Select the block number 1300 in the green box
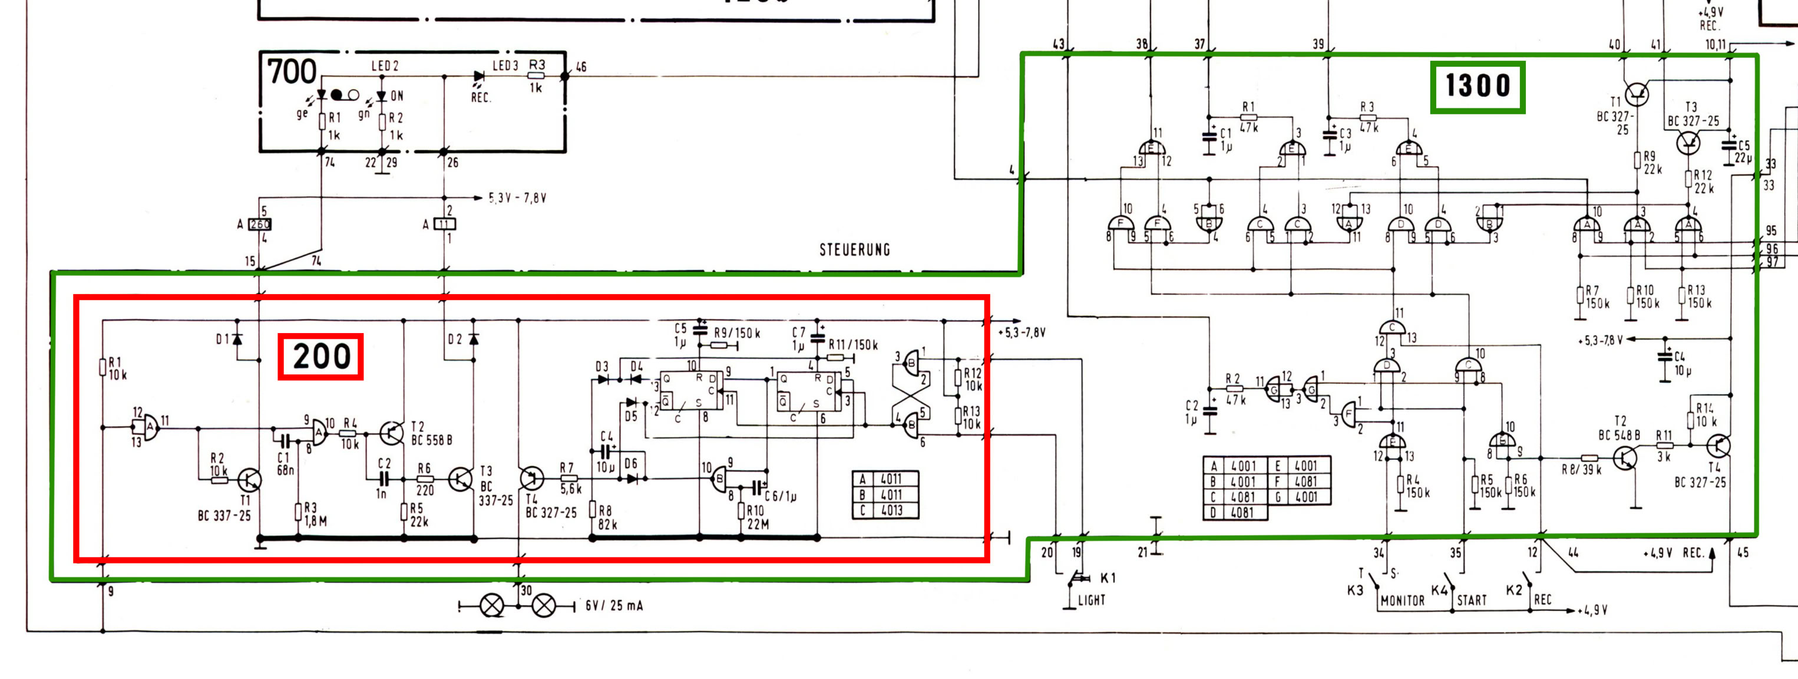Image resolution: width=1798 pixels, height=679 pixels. [x=1478, y=87]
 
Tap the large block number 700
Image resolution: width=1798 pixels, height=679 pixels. [x=292, y=71]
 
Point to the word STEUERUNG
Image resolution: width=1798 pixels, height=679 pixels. [x=854, y=250]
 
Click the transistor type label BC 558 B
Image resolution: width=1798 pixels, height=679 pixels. [x=431, y=440]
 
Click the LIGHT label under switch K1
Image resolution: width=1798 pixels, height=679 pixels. [x=1092, y=599]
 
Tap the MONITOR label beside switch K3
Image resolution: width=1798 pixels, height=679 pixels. [x=1402, y=600]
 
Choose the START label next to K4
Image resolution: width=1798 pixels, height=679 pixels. [x=1472, y=600]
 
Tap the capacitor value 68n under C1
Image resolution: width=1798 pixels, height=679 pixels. [x=286, y=470]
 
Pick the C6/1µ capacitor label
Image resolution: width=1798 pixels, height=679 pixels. [x=781, y=497]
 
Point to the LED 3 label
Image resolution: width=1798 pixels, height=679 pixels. [x=505, y=65]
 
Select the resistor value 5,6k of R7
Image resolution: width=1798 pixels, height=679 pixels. [x=570, y=489]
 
